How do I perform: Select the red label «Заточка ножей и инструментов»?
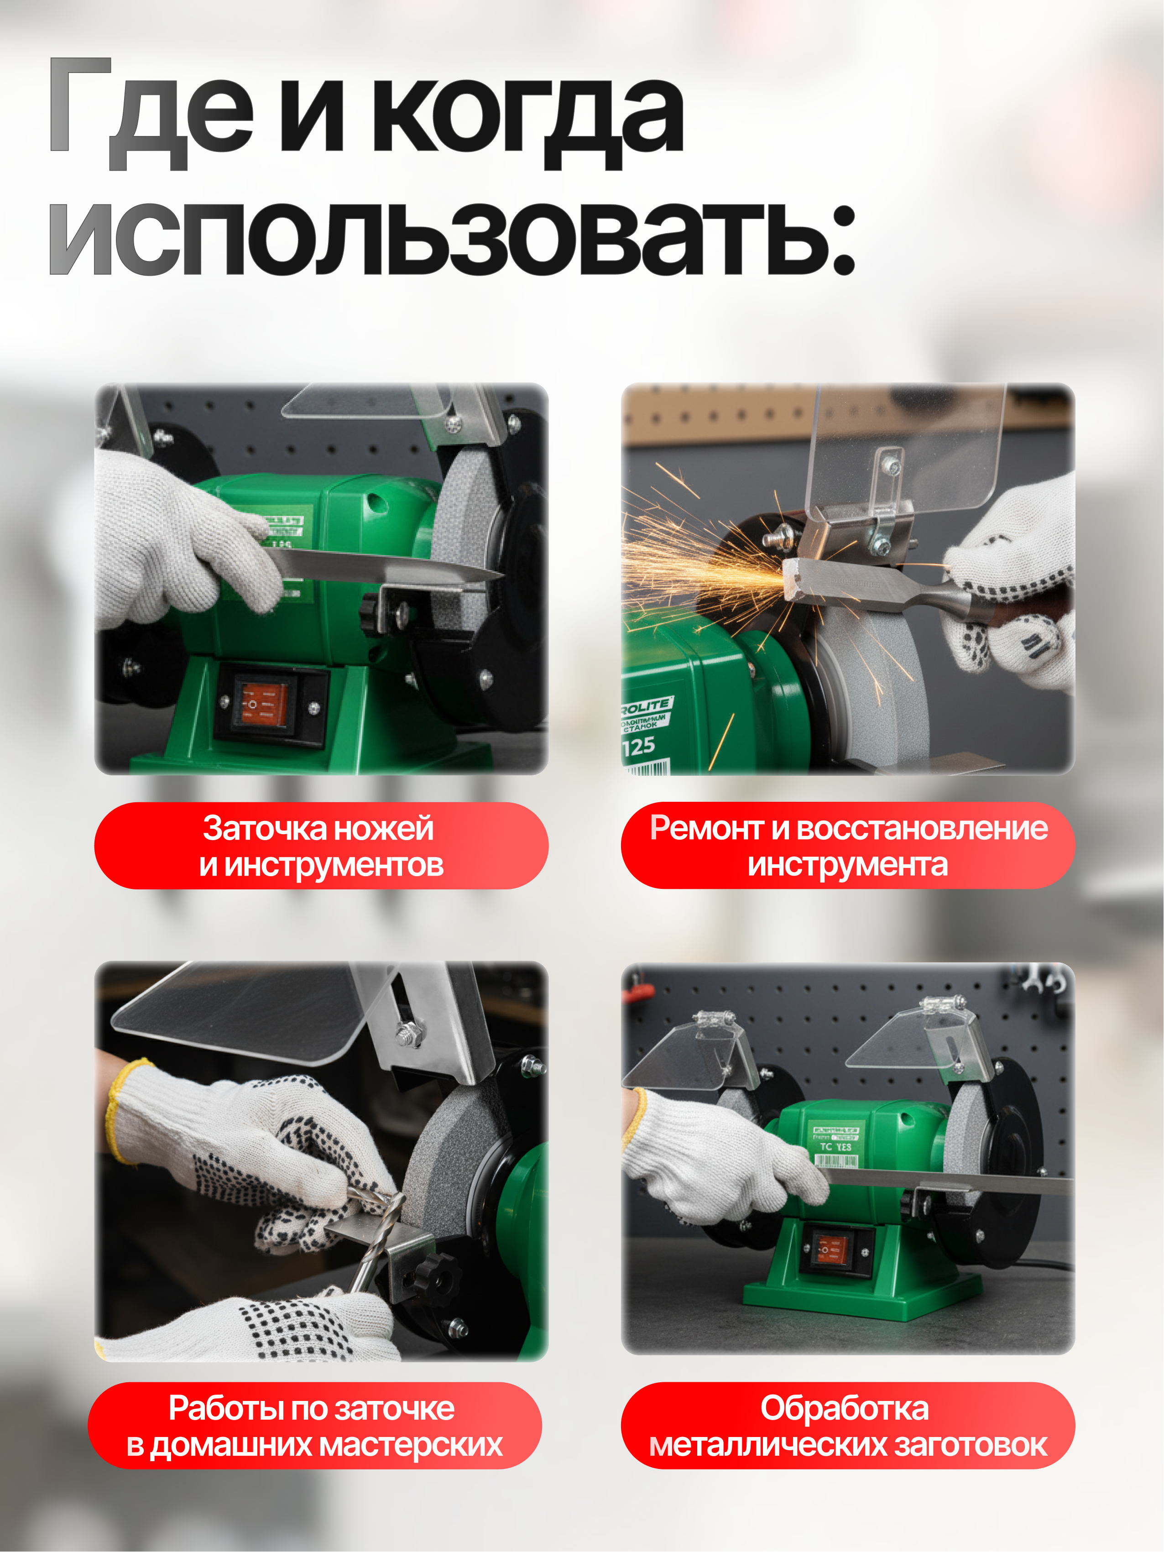[321, 846]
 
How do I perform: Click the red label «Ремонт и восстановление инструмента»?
[848, 846]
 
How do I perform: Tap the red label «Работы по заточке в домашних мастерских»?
[314, 1426]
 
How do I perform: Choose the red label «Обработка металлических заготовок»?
[848, 1426]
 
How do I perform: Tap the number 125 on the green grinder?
[638, 747]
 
